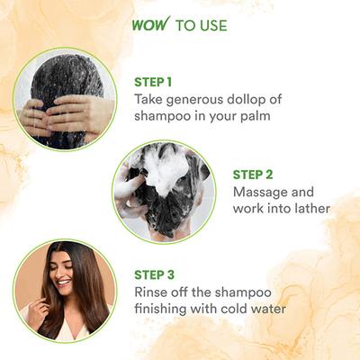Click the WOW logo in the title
click(155, 24)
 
